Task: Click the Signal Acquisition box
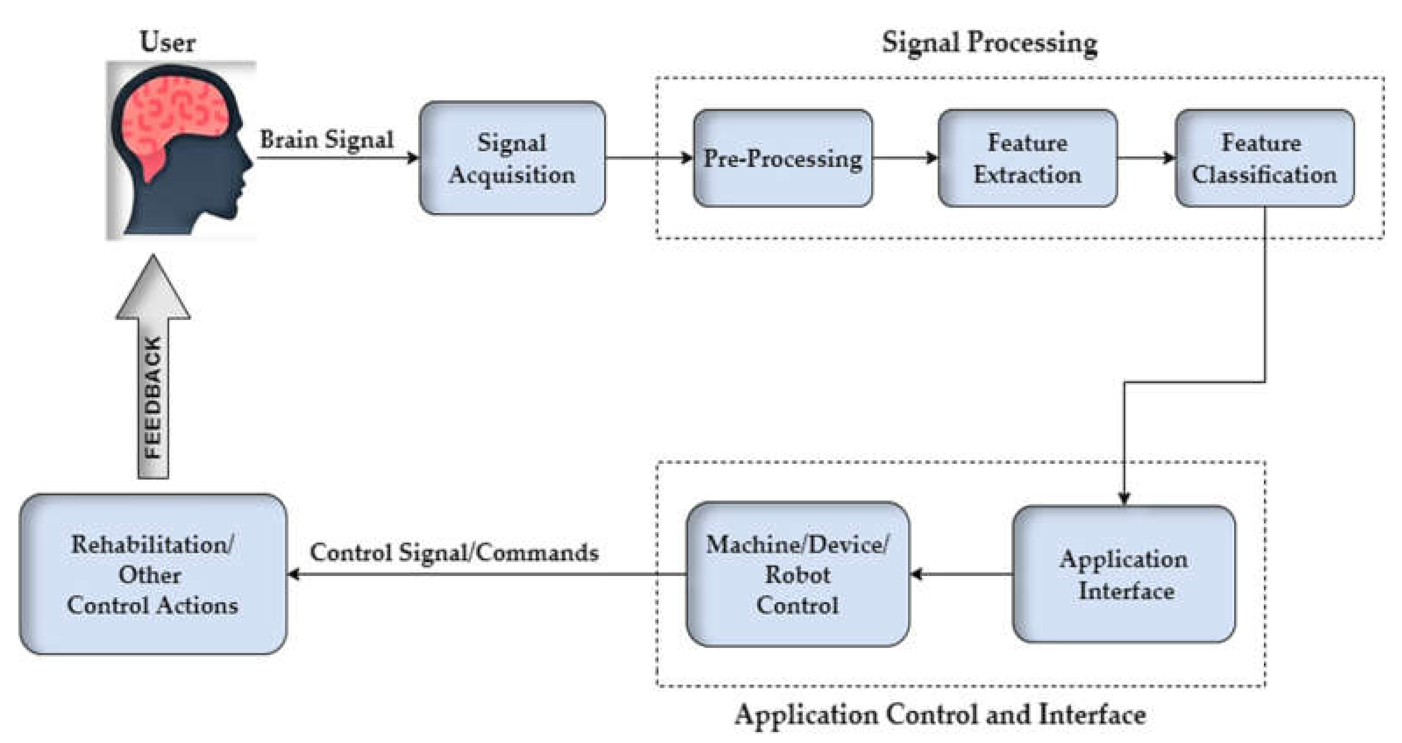point(512,158)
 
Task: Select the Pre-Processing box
point(782,158)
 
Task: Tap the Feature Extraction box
point(1027,158)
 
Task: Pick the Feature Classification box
point(1264,158)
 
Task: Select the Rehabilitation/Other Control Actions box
point(153,574)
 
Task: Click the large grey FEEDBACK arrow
point(153,381)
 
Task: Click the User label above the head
point(167,42)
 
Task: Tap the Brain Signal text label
point(327,139)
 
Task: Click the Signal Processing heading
point(989,43)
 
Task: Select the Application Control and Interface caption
point(940,714)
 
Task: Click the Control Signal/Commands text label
point(455,552)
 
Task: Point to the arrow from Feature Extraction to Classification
point(1146,158)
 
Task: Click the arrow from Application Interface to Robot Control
point(961,574)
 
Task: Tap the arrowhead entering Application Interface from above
point(1124,498)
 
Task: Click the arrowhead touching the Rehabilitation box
point(294,574)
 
